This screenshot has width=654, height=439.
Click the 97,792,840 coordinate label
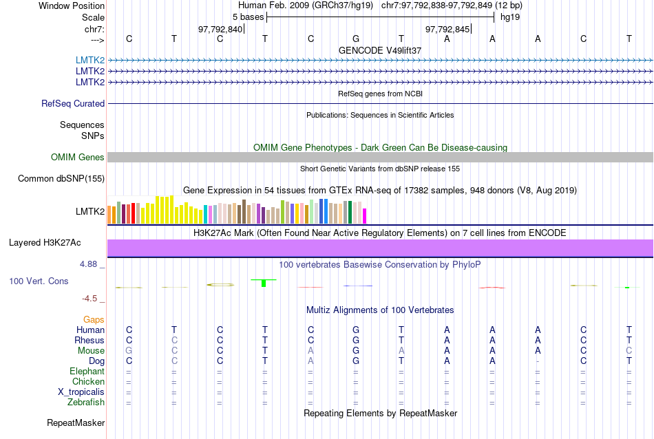220,29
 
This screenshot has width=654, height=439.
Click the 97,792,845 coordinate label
447,29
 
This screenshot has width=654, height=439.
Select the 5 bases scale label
244,17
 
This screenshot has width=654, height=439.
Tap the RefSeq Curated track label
73,104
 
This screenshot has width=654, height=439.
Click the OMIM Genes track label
78,158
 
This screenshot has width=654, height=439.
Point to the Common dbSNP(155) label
61,179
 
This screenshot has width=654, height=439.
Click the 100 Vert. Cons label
39,281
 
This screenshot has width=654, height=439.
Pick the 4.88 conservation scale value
91,264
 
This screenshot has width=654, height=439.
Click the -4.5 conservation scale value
91,299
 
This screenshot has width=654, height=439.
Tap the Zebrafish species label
86,403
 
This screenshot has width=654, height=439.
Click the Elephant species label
86,372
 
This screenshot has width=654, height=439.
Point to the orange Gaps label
94,320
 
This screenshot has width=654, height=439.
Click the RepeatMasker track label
76,422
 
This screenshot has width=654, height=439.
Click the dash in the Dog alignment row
538,361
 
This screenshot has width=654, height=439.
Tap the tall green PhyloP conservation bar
264,283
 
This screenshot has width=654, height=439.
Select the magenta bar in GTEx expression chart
365,215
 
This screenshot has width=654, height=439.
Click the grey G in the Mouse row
128,351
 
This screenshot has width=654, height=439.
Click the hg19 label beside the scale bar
510,17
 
